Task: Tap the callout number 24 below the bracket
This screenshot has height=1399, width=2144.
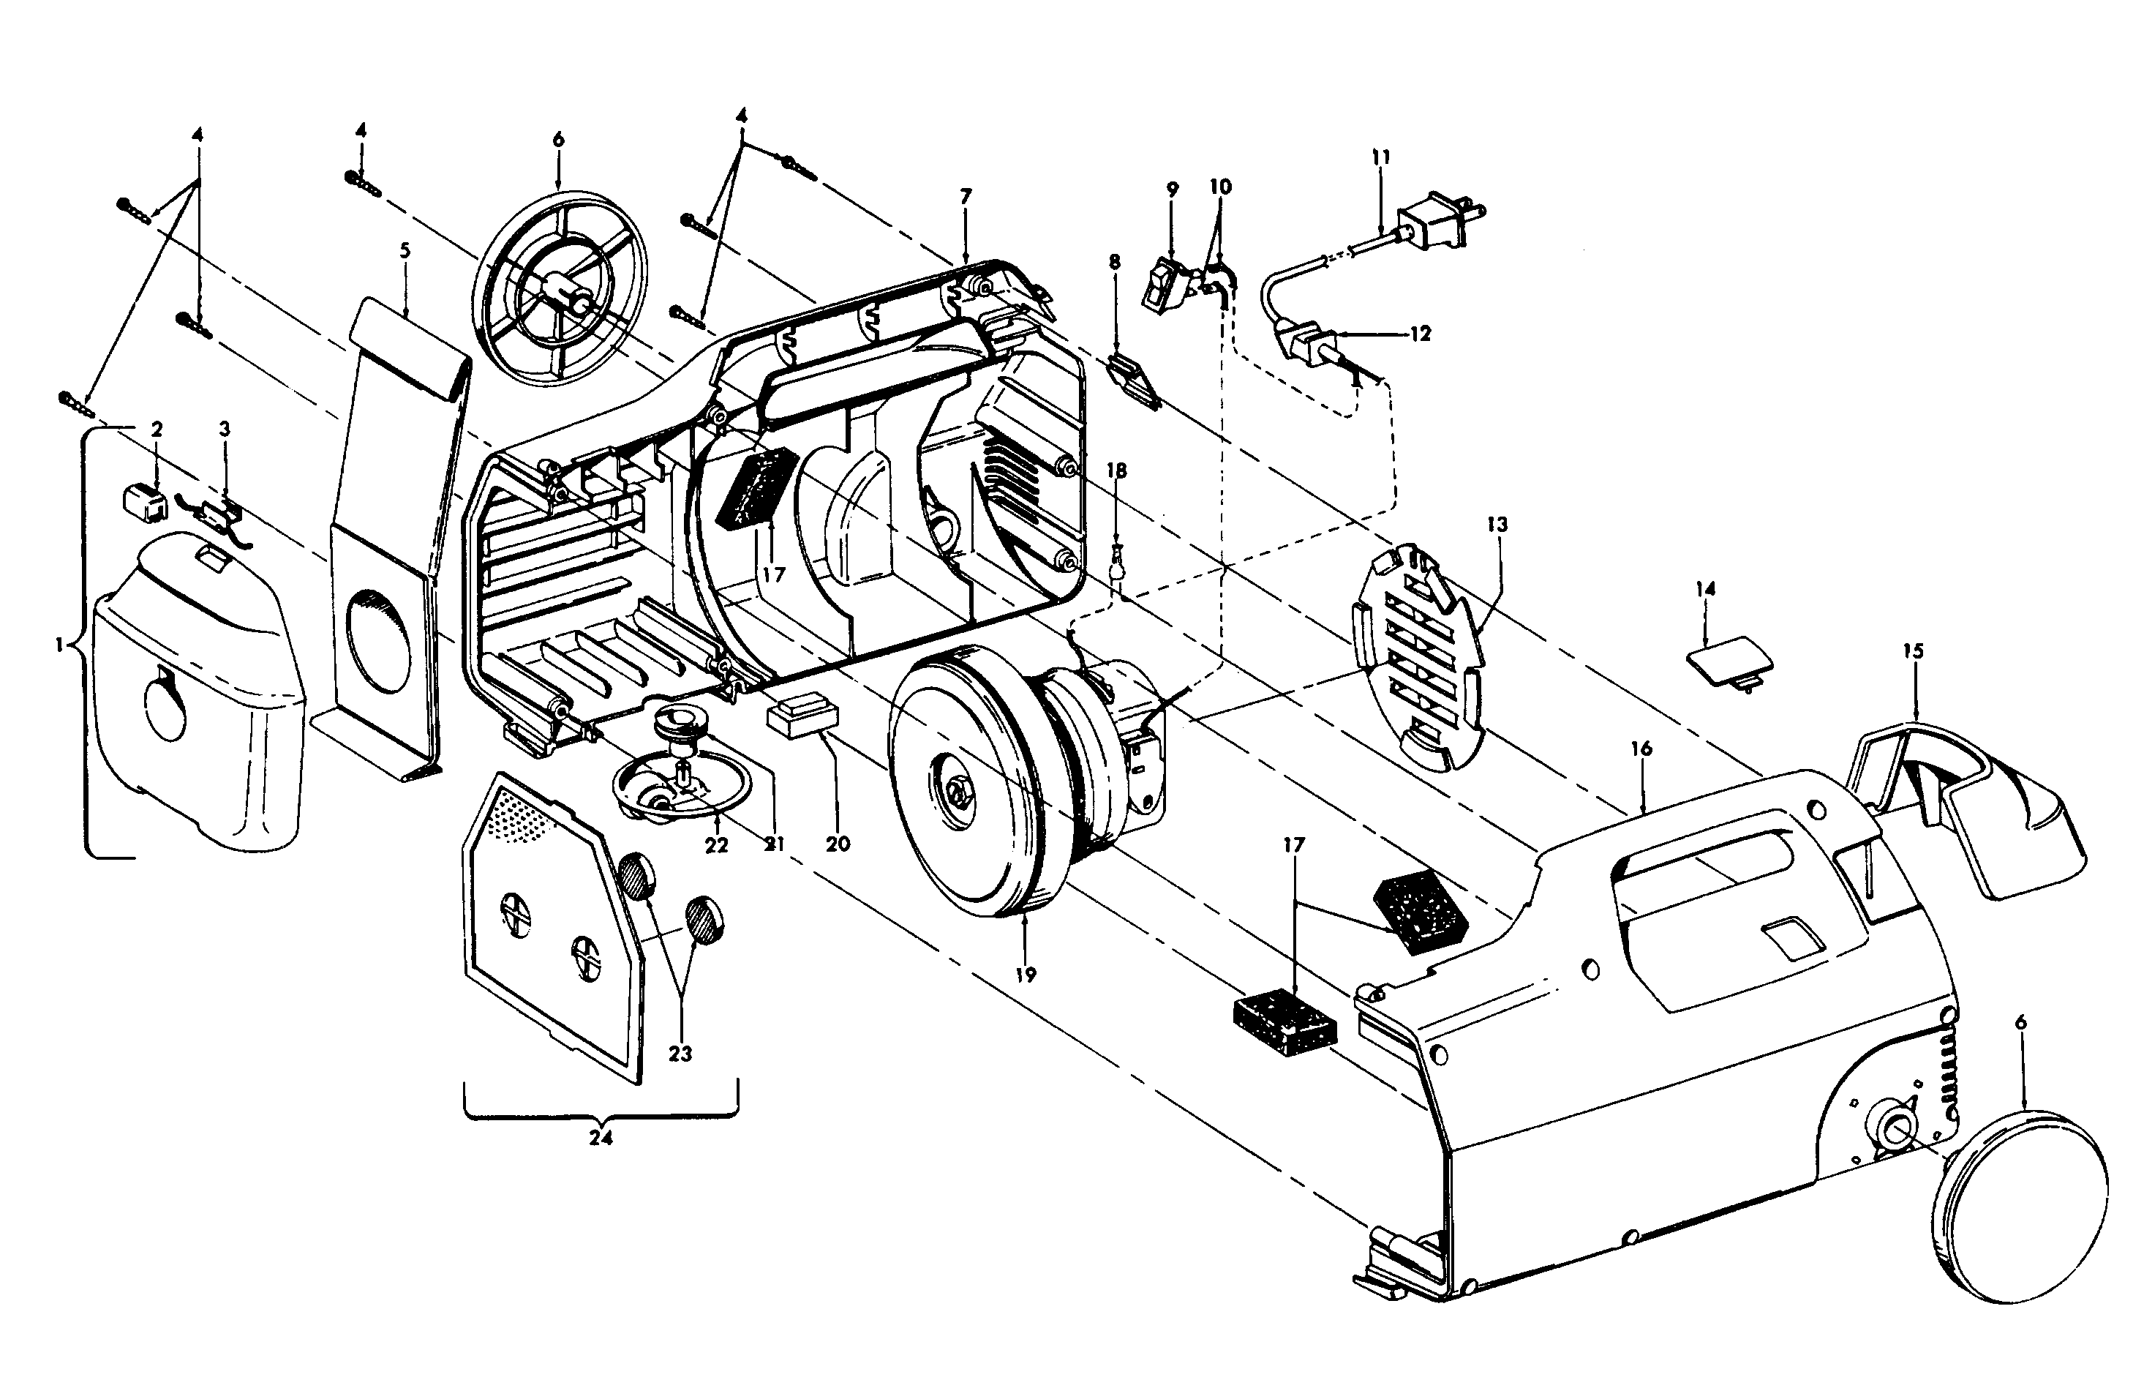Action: (601, 1138)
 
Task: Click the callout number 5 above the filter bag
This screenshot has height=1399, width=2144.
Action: (405, 250)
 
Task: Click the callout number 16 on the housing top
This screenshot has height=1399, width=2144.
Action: (1641, 749)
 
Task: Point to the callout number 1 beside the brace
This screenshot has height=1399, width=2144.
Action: (59, 645)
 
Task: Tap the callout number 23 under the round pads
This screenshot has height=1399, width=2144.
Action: (680, 1053)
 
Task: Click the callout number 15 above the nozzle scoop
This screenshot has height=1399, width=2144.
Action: (1913, 650)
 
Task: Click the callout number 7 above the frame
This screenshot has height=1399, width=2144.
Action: (966, 195)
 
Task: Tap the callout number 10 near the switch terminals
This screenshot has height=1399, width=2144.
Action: (1219, 187)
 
